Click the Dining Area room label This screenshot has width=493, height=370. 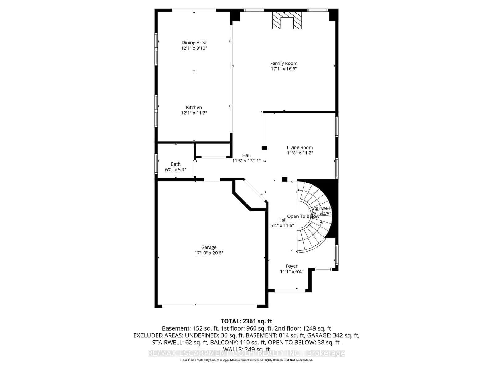point(194,43)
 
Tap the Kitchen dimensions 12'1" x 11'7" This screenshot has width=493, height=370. point(194,113)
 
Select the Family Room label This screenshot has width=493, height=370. point(284,63)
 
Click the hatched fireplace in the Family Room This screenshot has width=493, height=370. point(287,20)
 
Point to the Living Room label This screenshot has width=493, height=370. point(300,147)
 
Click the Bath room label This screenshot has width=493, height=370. point(176,164)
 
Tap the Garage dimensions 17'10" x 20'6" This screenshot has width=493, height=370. point(209,253)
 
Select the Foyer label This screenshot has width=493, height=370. point(291,266)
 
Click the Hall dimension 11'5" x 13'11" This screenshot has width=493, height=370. point(246,161)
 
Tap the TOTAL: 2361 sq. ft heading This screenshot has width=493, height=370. point(246,321)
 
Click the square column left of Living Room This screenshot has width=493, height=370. point(264,148)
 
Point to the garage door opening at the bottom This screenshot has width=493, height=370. point(210,306)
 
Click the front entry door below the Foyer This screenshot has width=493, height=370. point(290,290)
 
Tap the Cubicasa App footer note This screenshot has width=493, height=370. point(246,360)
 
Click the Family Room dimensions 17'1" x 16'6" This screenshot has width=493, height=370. point(284,69)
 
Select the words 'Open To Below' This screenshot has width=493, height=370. point(303,216)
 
